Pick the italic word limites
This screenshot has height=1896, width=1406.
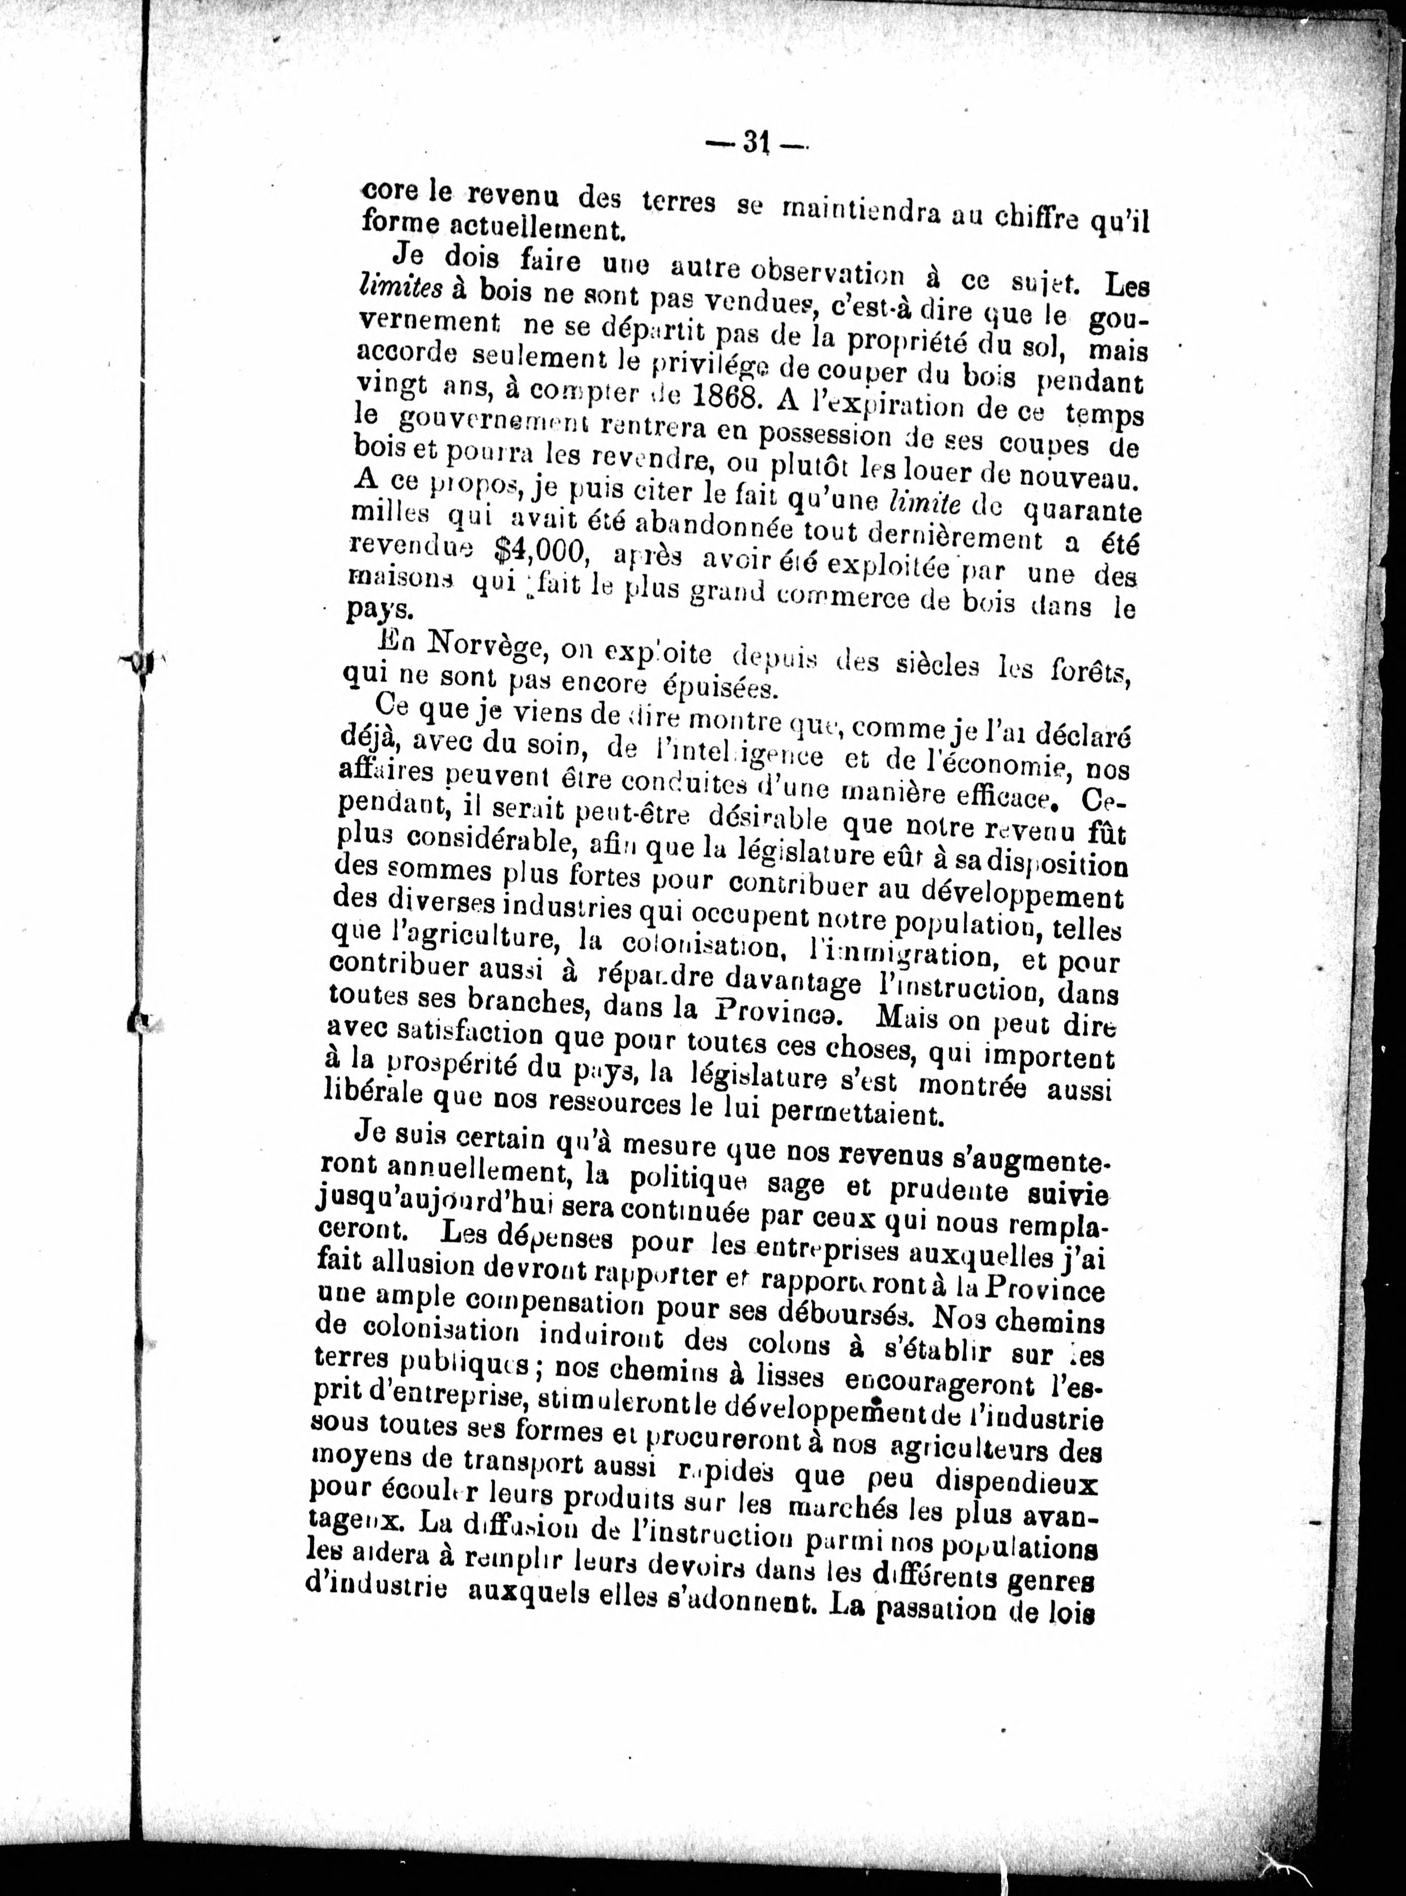pos(400,287)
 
